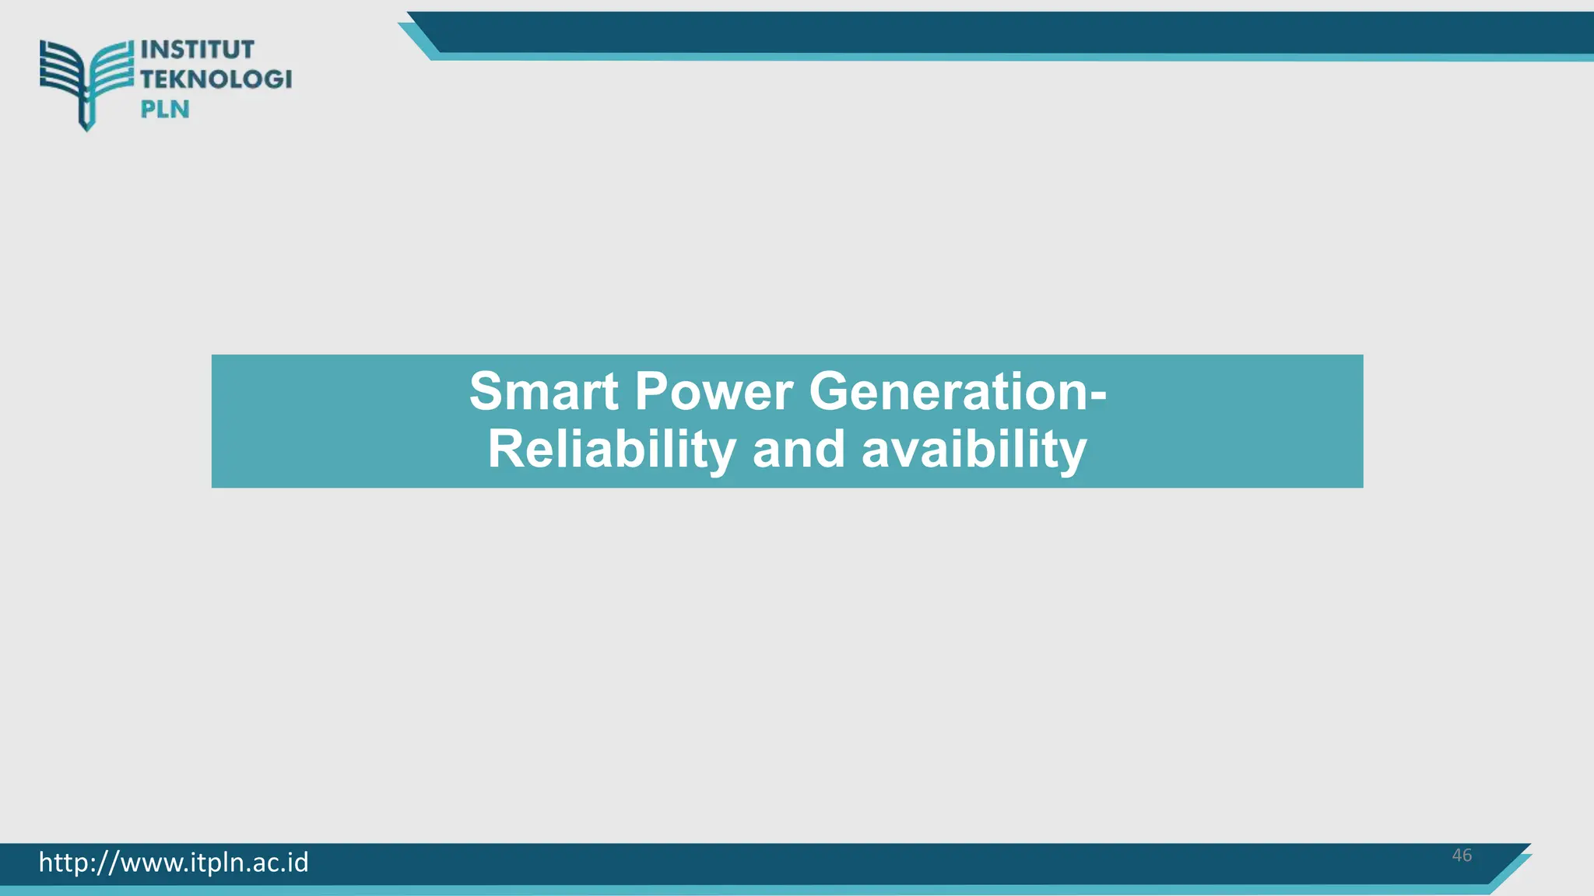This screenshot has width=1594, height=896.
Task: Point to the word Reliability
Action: [611, 450]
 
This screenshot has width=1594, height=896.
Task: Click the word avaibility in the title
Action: [974, 450]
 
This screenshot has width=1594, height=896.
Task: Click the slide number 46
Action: [1462, 856]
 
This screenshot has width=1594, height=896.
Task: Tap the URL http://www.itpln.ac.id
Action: [174, 863]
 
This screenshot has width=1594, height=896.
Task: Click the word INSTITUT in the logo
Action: [198, 50]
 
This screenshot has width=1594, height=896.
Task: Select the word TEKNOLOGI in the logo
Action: [216, 79]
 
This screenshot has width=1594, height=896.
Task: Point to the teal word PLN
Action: [165, 110]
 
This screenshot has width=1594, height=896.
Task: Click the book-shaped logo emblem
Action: [86, 78]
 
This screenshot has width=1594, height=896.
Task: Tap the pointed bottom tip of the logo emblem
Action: [86, 127]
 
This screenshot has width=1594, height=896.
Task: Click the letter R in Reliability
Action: [504, 450]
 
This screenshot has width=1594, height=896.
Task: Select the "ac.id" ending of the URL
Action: [280, 863]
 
